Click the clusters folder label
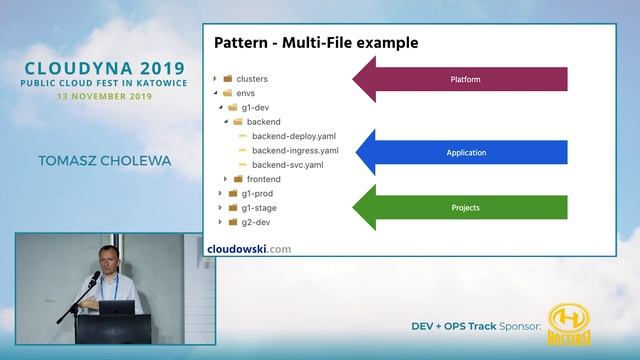[x=251, y=78]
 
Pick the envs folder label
[x=246, y=92]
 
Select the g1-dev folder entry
[x=256, y=106]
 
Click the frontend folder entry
[x=263, y=179]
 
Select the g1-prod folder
[x=258, y=193]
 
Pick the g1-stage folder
[x=259, y=207]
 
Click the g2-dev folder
[x=256, y=221]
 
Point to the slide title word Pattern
[x=243, y=43]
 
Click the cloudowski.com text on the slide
[x=249, y=248]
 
